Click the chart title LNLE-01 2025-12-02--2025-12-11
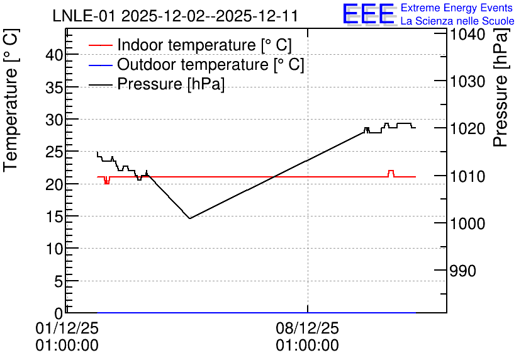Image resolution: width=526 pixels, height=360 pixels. [175, 16]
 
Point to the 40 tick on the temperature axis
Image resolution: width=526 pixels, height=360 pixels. [54, 55]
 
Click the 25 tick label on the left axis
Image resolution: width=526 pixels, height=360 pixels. [54, 152]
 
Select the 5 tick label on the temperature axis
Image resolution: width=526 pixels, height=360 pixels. [59, 281]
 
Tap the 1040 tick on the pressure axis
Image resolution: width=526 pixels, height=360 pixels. [467, 35]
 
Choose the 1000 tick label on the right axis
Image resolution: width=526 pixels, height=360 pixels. [467, 223]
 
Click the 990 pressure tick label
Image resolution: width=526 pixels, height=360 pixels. [462, 271]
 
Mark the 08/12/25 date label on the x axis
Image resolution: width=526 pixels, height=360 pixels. [307, 328]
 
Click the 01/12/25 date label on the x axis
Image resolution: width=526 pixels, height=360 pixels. [67, 328]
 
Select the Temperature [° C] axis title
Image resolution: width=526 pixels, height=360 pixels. [11, 100]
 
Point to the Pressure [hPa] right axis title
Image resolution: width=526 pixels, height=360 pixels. [501, 87]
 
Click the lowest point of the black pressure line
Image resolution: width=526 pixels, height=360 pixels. [190, 218]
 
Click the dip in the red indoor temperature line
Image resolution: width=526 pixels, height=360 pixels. [107, 181]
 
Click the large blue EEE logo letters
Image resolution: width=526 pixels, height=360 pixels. [368, 14]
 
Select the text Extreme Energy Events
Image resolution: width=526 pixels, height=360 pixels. [457, 8]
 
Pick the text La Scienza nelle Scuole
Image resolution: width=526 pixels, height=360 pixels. [457, 21]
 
